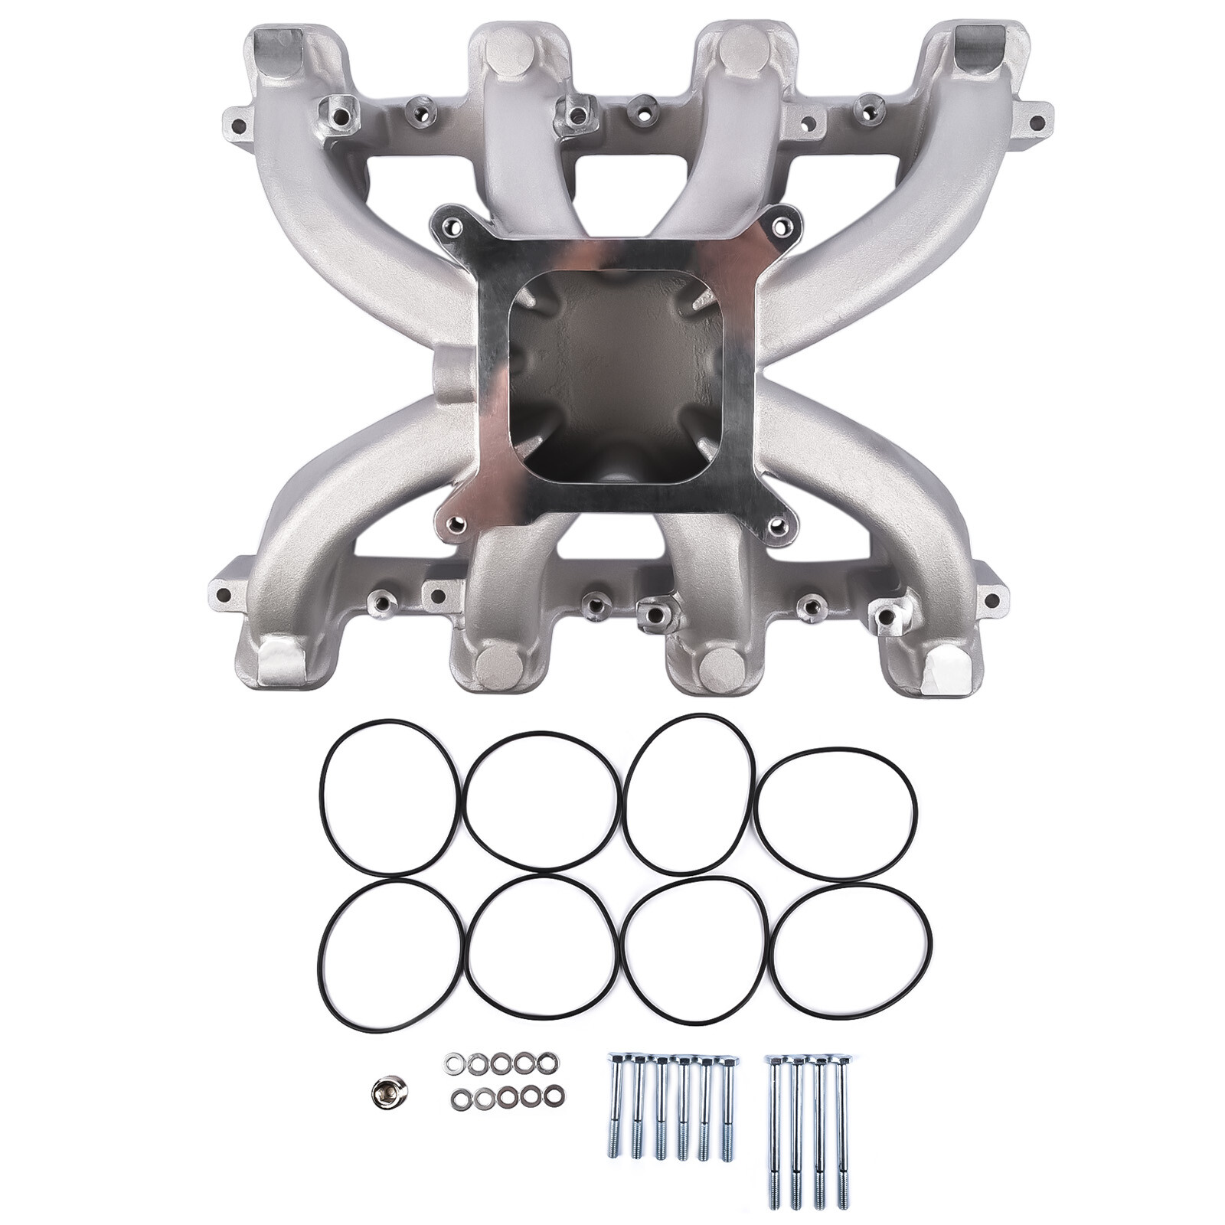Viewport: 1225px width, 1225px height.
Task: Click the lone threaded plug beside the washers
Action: click(380, 1089)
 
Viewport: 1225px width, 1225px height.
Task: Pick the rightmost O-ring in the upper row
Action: click(836, 813)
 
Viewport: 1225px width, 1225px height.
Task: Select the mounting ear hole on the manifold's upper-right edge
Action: click(1037, 120)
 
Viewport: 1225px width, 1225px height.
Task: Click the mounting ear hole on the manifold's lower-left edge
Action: click(224, 594)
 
